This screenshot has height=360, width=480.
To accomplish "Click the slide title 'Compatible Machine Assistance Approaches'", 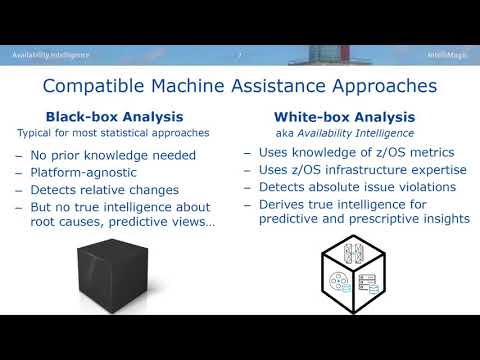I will (239, 87).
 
